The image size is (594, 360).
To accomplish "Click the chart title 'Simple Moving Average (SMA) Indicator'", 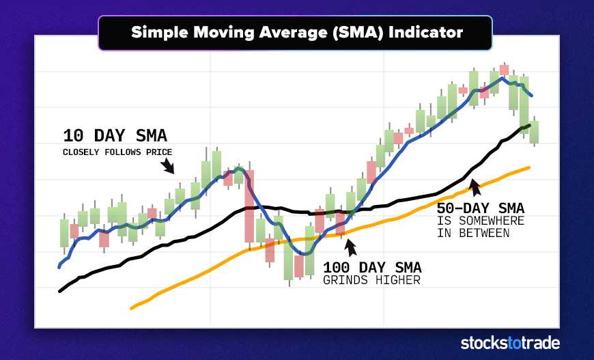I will (296, 32).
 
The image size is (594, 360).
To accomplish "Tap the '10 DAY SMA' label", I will (115, 135).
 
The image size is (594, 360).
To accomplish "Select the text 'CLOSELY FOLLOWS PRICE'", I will (117, 152).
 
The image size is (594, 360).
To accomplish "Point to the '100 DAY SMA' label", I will (372, 267).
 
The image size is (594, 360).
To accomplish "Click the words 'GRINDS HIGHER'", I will (371, 280).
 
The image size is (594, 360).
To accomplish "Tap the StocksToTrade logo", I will (509, 343).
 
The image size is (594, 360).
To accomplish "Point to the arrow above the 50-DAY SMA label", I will (475, 185).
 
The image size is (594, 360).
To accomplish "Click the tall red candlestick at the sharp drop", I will (249, 206).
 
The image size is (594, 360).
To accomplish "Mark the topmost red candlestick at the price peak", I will (504, 70).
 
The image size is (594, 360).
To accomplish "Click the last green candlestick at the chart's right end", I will (534, 130).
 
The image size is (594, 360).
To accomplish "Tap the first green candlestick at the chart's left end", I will (64, 232).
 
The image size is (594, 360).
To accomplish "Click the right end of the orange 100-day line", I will (528, 167).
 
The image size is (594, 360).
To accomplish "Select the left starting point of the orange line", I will (131, 308).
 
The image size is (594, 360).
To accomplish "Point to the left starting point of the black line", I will (61, 291).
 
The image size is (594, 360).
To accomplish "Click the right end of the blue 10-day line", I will (531, 95).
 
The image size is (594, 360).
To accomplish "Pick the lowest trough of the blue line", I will (305, 253).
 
